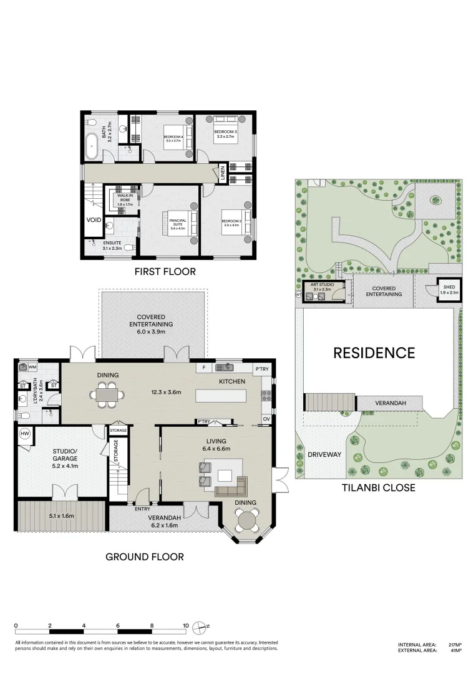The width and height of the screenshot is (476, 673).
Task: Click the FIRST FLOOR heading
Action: [165, 272]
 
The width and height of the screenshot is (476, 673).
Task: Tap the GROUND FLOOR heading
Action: [144, 556]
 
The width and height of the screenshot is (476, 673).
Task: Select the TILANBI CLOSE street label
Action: [379, 488]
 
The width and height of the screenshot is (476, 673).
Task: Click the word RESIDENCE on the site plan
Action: [374, 353]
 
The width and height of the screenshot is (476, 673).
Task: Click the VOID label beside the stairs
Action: [94, 220]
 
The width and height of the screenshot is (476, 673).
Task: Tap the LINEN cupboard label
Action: [222, 173]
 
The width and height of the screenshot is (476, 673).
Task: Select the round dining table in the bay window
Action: [248, 519]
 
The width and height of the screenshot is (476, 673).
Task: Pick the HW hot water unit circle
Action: [26, 434]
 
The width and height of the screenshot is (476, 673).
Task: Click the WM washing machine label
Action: [32, 368]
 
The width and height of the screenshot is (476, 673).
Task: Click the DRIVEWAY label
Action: [324, 454]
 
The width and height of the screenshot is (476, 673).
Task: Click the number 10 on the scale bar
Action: [185, 625]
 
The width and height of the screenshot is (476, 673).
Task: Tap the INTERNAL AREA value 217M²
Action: [455, 645]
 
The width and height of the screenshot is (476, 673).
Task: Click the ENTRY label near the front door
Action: [142, 508]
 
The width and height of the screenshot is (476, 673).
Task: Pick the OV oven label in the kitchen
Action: [266, 419]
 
